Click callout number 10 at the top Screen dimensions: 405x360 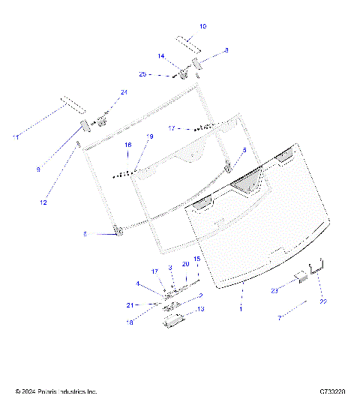202,26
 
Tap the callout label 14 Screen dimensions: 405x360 160,56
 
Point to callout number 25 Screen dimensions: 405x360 142,74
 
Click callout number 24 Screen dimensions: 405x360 124,92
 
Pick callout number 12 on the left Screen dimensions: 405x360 43,202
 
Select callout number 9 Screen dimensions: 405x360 37,170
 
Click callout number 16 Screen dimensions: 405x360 128,144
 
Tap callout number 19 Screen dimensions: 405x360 150,136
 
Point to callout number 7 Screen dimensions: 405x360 280,318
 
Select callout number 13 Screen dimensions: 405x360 200,309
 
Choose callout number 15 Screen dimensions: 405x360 197,259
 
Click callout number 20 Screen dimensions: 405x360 185,264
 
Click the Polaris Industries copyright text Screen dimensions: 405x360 56,391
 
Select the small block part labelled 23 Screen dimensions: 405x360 301,277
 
